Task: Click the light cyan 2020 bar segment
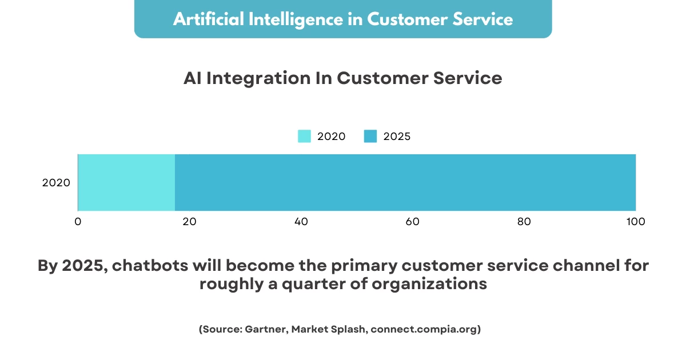click(126, 182)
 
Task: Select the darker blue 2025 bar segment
click(405, 182)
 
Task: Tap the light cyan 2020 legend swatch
click(304, 137)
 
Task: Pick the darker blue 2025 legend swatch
click(370, 137)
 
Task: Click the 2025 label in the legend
click(397, 137)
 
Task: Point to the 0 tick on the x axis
click(78, 222)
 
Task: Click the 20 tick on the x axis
click(189, 222)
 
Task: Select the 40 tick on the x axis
click(301, 222)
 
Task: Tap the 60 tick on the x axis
click(413, 222)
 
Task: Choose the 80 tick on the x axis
click(524, 222)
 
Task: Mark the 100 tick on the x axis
click(635, 222)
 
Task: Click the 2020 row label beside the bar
click(56, 183)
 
